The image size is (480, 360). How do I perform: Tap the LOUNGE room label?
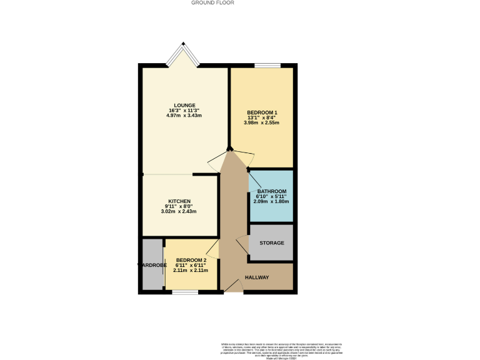tap(184, 105)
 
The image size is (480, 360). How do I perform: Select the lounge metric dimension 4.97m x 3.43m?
tap(184, 116)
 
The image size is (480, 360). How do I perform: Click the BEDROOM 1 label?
tap(261, 112)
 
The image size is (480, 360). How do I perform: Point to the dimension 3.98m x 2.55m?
tap(261, 122)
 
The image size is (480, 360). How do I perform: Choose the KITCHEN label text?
tap(179, 201)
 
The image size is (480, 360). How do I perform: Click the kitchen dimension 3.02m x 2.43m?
tap(179, 211)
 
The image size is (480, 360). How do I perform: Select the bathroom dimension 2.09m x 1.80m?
tap(271, 201)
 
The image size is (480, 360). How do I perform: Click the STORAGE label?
tap(271, 242)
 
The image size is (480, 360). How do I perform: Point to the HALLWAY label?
tap(257, 277)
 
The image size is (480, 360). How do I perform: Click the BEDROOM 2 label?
tap(191, 260)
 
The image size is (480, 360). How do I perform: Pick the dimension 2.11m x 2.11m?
tap(191, 270)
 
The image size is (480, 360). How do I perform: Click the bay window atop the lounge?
tap(184, 54)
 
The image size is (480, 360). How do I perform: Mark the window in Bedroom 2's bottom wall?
tap(185, 292)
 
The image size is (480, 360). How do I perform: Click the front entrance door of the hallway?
tap(232, 286)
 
